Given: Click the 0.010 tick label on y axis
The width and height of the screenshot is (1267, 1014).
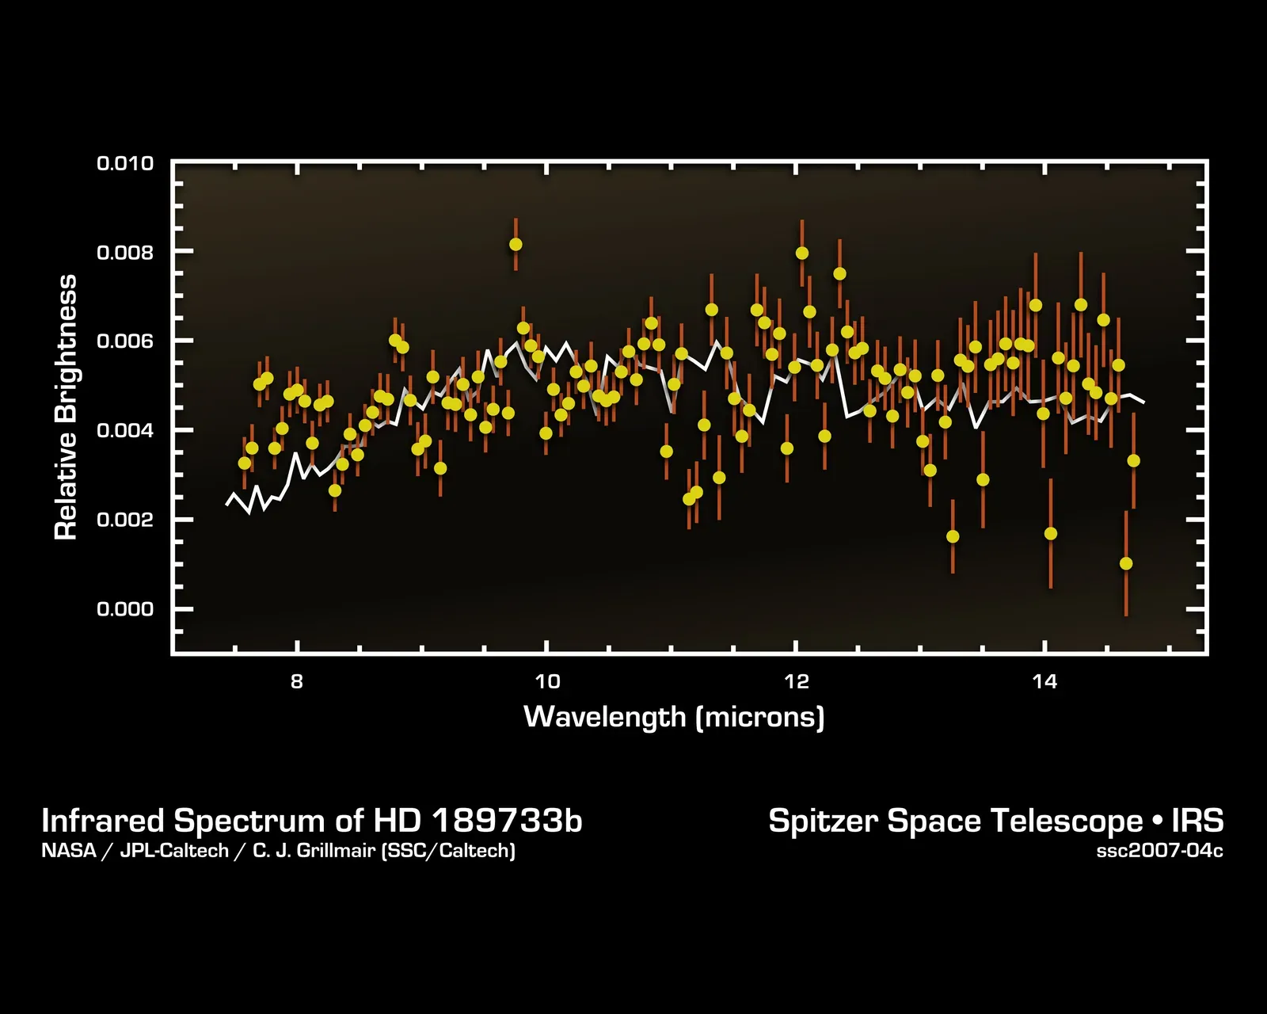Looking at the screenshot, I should point(124,164).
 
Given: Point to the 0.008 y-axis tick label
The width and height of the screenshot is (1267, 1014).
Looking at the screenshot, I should point(124,253).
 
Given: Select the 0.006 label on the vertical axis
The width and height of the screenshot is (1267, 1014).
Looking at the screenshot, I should point(124,341).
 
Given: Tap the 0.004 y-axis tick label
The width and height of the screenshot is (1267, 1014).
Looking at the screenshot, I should point(124,431).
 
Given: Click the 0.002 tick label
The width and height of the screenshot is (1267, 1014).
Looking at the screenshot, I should point(124,520).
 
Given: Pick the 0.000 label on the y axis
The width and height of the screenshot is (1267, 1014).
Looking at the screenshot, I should point(124,609).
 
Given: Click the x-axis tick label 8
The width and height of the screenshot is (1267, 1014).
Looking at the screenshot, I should point(296,681).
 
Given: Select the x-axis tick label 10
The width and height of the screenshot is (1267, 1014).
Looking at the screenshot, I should point(546,681).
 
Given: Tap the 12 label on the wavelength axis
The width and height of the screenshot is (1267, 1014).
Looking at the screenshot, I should point(796,681).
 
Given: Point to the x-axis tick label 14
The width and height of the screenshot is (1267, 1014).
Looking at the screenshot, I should point(1045,681).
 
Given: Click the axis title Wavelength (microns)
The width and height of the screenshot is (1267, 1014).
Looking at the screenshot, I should point(674,717).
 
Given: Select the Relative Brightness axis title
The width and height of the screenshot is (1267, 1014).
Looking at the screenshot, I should point(66,407).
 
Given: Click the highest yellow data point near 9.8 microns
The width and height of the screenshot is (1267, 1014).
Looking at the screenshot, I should point(516,244).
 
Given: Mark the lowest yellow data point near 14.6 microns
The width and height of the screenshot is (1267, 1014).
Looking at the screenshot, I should point(1126,563).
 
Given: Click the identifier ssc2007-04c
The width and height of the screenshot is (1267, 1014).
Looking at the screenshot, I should point(1159,852).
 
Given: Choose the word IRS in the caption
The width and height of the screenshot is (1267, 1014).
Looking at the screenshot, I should point(1197,821).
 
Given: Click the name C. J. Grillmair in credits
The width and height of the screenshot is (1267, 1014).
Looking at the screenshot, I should point(314,852).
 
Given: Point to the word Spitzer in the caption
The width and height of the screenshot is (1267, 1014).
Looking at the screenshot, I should point(824,821).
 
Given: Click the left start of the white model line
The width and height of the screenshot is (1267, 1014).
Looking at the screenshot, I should point(227,504).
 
